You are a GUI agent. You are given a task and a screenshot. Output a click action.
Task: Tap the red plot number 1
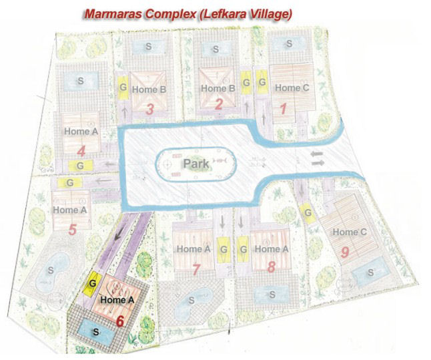point(282,108)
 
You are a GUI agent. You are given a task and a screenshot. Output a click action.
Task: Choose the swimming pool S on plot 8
point(271,294)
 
